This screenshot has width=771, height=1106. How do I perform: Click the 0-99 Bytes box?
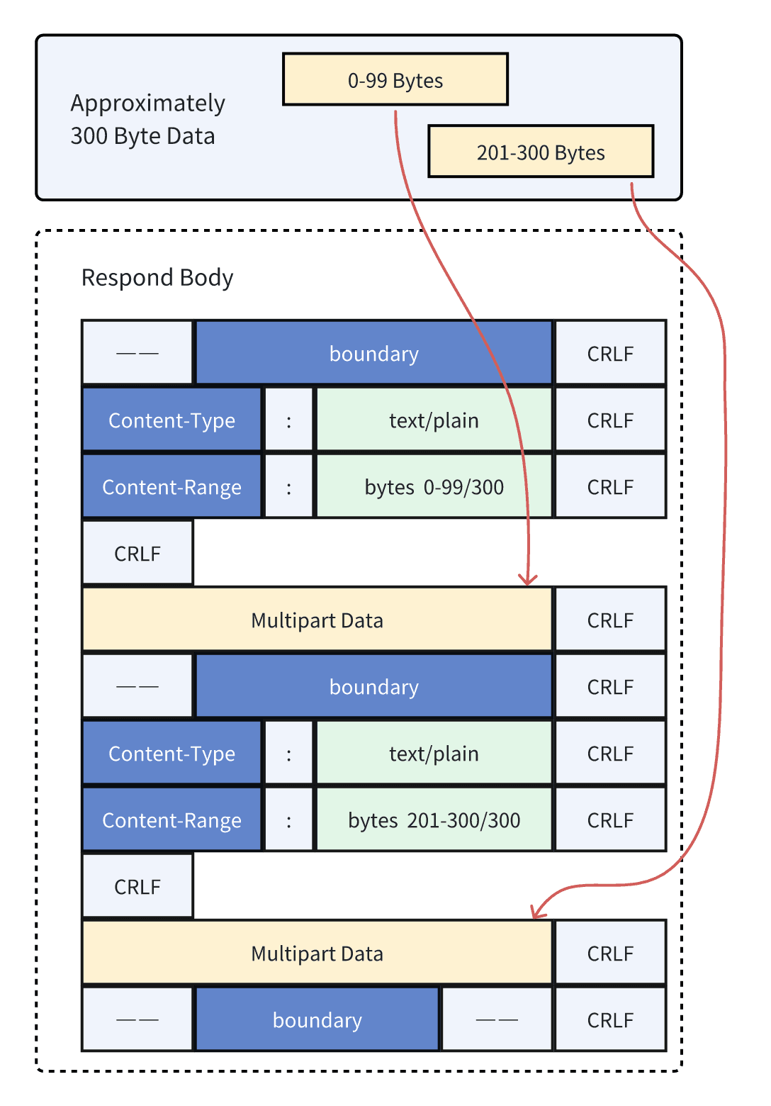[395, 79]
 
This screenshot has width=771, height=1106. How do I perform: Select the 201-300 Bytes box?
[541, 152]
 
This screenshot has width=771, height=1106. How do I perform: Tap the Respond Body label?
[157, 277]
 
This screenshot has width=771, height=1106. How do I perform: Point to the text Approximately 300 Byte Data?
[147, 119]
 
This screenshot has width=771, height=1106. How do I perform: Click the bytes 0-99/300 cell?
[434, 487]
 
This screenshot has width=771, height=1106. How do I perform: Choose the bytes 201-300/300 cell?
[434, 820]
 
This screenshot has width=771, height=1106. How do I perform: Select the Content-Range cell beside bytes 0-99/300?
[171, 487]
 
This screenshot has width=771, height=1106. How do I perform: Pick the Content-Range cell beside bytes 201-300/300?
[171, 820]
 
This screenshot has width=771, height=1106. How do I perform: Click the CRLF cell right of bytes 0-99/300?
[610, 487]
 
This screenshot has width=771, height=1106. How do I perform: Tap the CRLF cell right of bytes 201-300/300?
[610, 820]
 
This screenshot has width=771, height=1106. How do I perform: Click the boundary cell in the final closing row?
[317, 1020]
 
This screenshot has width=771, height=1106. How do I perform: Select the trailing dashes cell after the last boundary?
[497, 1020]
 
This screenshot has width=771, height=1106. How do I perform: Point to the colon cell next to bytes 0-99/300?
[288, 487]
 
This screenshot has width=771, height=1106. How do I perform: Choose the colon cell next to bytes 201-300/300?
[288, 820]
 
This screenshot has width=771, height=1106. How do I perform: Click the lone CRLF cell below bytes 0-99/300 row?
[137, 553]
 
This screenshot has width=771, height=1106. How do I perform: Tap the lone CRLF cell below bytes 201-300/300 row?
[137, 886]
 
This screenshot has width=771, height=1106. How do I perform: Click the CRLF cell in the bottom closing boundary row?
[610, 1020]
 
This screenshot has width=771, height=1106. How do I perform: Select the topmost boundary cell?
[373, 353]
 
